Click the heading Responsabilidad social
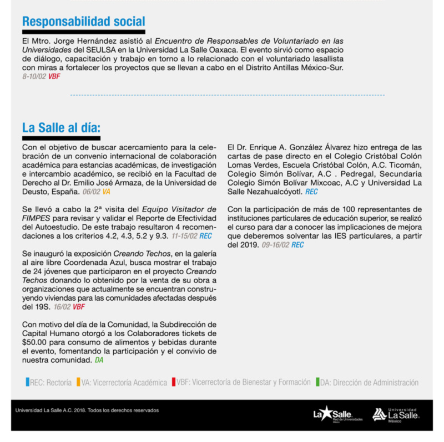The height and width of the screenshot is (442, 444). (x=83, y=22)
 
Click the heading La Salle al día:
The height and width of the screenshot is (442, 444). (x=62, y=127)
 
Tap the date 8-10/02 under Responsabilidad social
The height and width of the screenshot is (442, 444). (x=34, y=76)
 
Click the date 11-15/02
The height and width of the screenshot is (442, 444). (x=185, y=235)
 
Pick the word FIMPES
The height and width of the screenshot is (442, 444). (x=36, y=218)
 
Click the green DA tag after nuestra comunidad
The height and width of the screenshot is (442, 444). (x=99, y=360)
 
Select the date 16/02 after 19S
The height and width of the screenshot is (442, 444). (x=62, y=306)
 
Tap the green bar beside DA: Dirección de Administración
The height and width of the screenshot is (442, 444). (x=317, y=382)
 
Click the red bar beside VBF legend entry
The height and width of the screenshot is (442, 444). (x=174, y=382)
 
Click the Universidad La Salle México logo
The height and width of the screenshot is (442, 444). (x=395, y=414)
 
